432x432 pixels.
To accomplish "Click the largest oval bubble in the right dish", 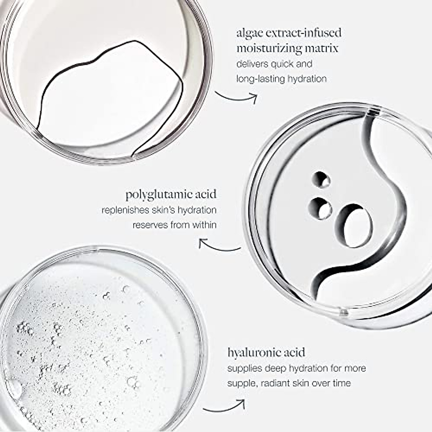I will [355, 227].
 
